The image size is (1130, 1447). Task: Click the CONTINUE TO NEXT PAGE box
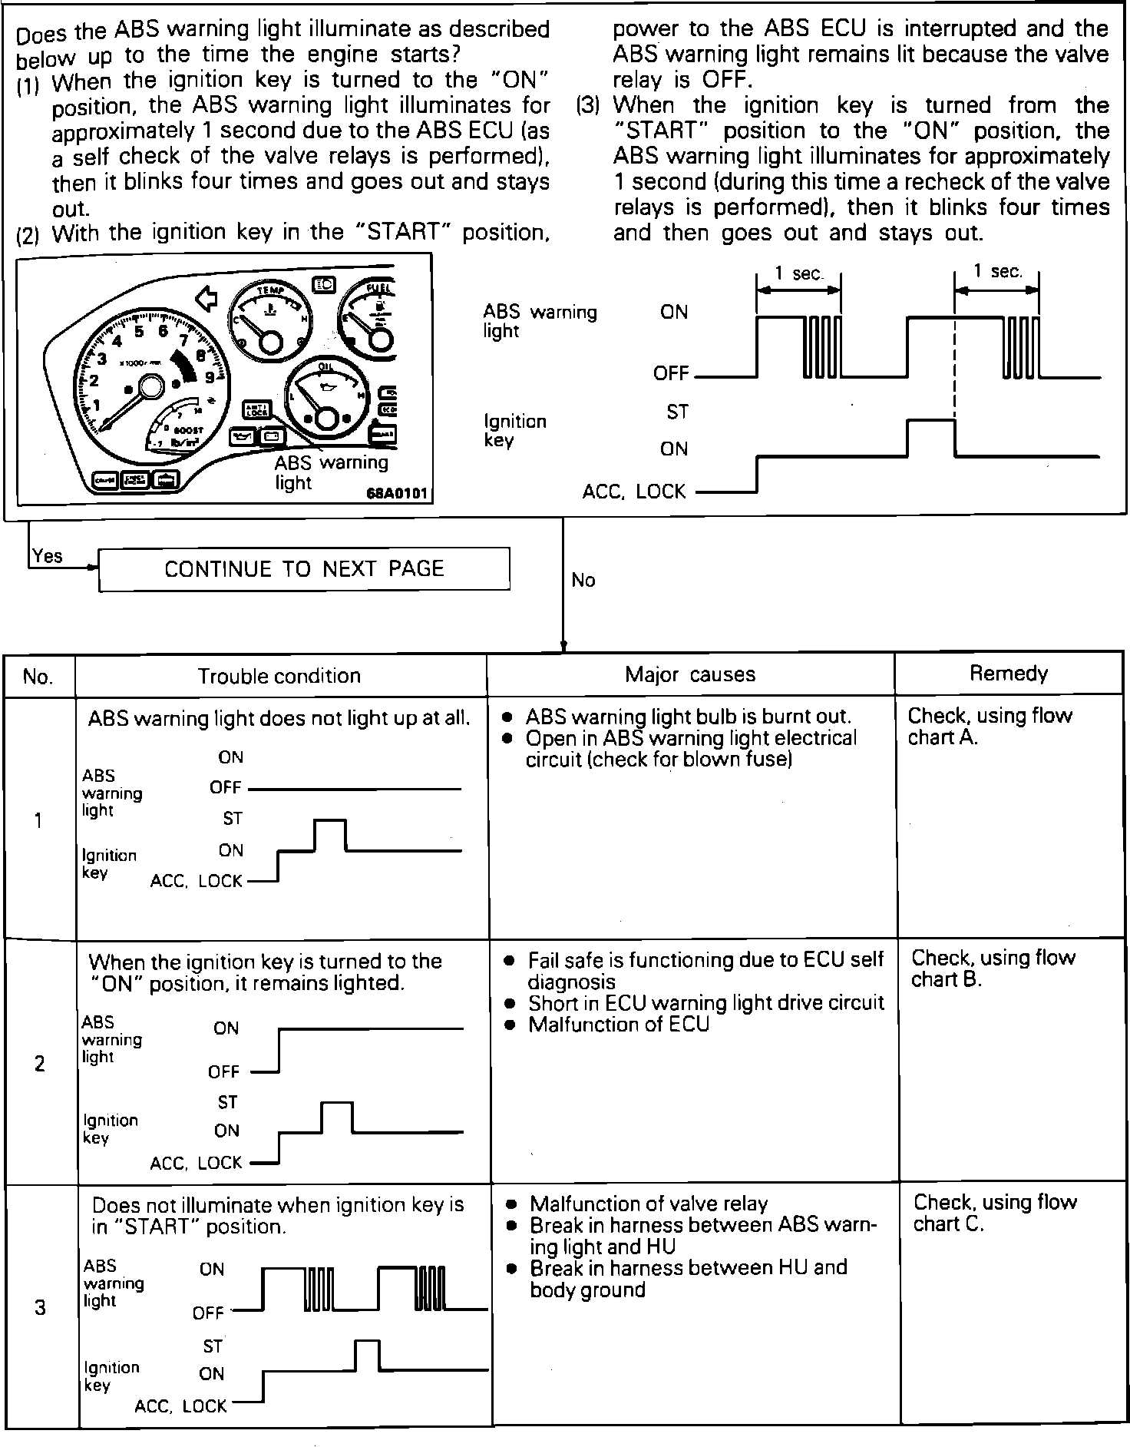pos(304,569)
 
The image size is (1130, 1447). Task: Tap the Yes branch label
pos(48,555)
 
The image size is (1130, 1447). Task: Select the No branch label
pos(583,580)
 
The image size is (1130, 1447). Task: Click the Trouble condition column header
pos(279,676)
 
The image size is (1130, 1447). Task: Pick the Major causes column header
pos(690,674)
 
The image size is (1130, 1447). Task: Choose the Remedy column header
pos(1008,673)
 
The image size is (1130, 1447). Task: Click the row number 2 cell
pos(39,1063)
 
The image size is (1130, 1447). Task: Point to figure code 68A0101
pos(396,492)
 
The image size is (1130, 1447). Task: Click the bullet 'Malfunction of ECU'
pos(618,1025)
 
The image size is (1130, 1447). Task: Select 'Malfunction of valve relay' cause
pos(648,1204)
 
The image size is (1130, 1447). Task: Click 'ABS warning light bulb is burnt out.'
pos(688,717)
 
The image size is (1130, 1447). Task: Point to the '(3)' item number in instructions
pos(587,105)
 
